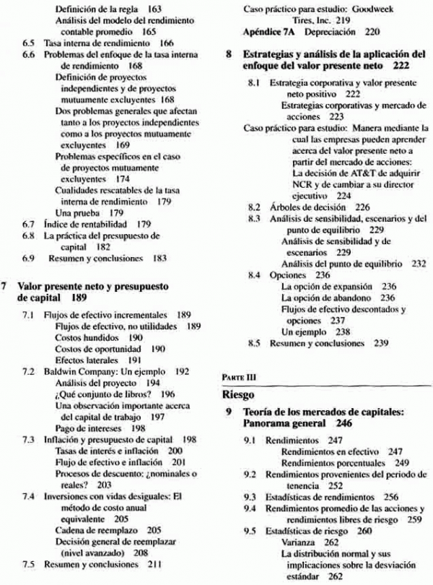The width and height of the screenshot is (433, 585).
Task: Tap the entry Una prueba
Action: click(x=81, y=214)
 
